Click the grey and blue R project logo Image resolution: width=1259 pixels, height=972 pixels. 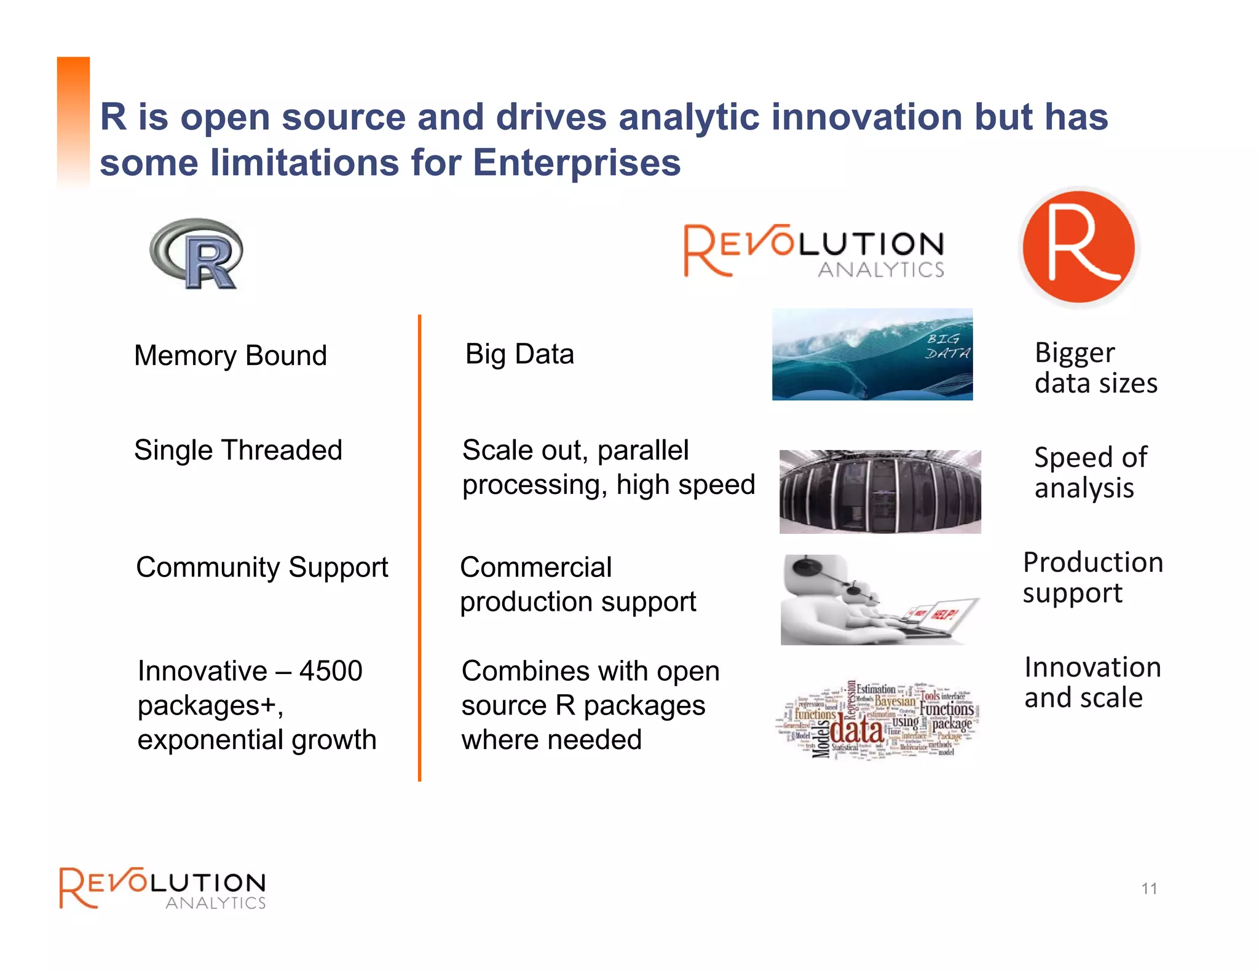(196, 253)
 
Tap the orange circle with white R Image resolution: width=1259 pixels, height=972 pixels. (1079, 246)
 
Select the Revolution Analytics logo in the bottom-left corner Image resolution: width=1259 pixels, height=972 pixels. (162, 888)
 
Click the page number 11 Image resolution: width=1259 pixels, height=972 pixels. (1149, 888)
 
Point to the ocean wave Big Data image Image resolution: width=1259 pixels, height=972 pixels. (872, 355)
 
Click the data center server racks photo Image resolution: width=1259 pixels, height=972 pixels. (880, 492)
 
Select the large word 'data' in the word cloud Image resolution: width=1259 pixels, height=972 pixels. (856, 731)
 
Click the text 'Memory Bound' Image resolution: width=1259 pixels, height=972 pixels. (231, 356)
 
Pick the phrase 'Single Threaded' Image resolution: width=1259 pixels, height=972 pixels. (238, 450)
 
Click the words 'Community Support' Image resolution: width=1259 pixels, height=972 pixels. (262, 567)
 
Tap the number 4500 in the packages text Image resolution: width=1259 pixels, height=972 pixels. (331, 671)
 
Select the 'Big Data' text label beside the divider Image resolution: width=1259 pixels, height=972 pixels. (519, 355)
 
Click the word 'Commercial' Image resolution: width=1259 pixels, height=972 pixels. (535, 567)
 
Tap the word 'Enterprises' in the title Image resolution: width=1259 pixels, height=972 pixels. (577, 163)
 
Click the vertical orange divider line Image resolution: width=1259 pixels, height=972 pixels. (419, 547)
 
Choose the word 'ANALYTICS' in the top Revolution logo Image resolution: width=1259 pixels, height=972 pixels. (880, 270)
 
